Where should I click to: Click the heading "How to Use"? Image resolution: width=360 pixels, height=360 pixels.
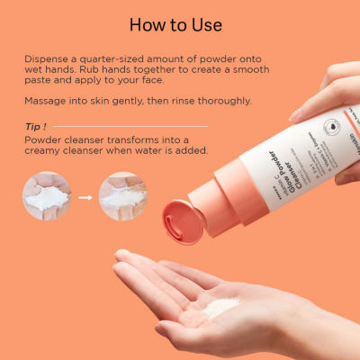180,24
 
